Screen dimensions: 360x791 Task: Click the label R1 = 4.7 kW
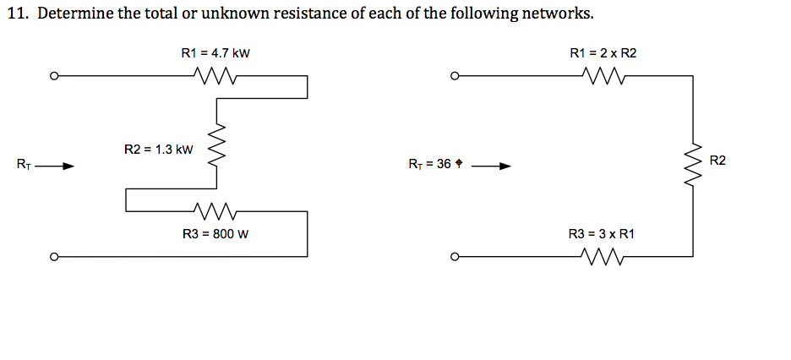[215, 53]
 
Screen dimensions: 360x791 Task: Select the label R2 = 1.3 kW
[159, 150]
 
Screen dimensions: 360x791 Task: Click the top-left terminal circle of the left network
[53, 76]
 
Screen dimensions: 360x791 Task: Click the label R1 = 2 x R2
[603, 53]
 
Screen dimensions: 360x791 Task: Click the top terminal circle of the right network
[455, 76]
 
